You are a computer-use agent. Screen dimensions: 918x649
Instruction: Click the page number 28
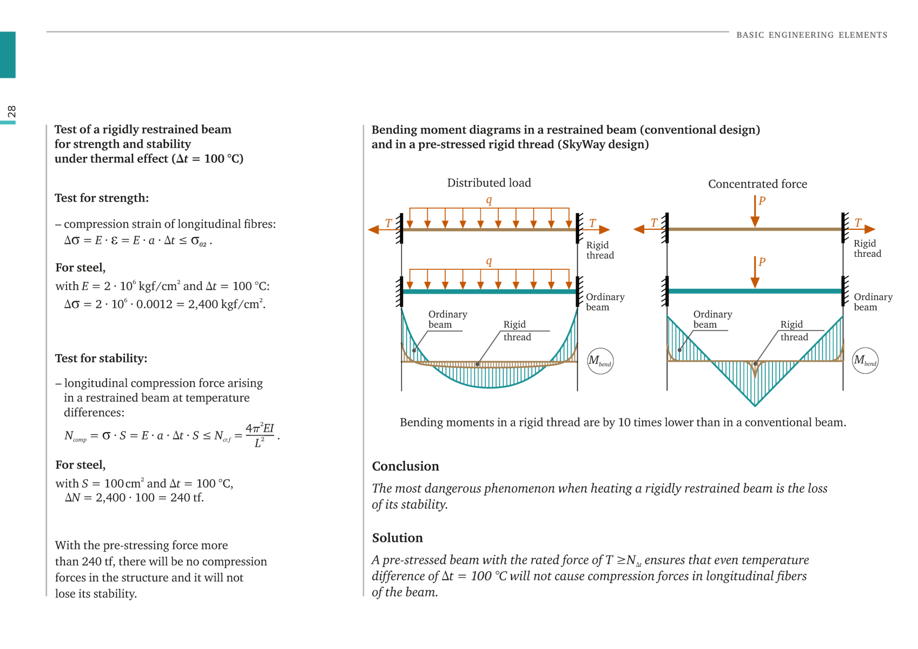coord(11,111)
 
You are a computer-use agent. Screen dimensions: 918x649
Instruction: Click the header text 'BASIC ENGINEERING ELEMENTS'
coord(811,35)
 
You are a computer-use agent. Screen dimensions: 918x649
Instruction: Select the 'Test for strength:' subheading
coord(102,198)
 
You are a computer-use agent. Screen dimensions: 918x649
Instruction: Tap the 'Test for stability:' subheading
coord(101,359)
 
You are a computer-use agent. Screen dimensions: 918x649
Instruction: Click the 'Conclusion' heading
coord(405,466)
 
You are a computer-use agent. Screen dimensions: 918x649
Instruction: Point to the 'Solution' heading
coord(397,538)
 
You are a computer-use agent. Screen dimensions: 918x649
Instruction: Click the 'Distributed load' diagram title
coord(489,183)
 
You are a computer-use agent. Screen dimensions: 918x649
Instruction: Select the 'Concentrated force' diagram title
coord(757,184)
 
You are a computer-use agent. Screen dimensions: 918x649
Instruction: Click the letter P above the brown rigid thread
coord(762,201)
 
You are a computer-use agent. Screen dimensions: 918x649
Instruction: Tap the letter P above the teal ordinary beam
coord(762,262)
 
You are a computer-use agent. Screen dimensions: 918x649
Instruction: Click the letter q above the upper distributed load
coord(489,200)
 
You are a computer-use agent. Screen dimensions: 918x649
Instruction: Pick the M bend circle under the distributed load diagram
coord(600,361)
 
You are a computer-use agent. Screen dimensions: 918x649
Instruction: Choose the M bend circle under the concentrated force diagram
coord(865,361)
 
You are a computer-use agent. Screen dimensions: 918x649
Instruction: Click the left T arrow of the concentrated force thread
coord(650,229)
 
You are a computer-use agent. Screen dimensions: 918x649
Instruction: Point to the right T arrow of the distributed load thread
coord(595,229)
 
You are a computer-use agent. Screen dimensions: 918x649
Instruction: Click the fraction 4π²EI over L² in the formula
coord(260,435)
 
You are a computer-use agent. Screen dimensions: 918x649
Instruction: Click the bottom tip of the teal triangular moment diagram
coord(755,406)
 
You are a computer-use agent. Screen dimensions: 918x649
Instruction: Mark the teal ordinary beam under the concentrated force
coord(755,292)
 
